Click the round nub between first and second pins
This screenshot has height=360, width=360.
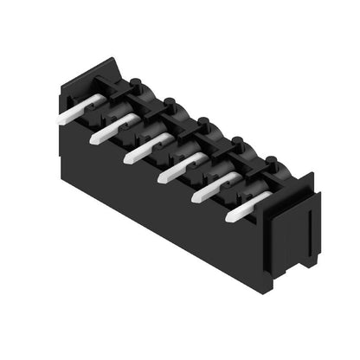[136, 84]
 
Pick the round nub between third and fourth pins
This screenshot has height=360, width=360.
[204, 122]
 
